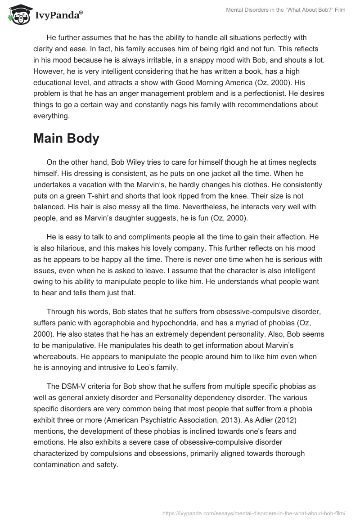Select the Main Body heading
pyautogui.click(x=66, y=139)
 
